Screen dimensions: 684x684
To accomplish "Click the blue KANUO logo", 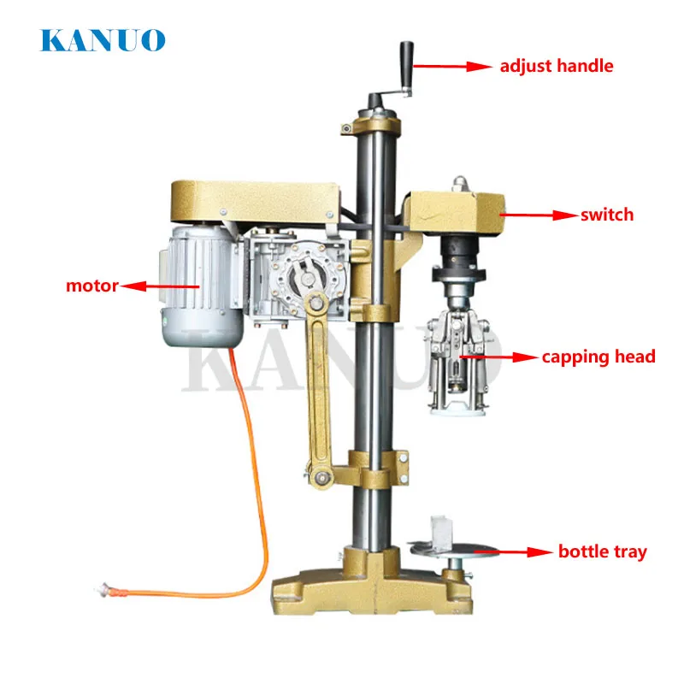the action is [103, 39].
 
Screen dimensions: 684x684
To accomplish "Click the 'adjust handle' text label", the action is [557, 66].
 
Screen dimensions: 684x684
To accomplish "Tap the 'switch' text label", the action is [607, 215].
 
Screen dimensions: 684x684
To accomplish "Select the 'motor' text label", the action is [92, 286].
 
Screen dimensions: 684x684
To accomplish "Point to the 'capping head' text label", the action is [598, 356].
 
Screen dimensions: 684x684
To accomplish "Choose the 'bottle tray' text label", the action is [602, 551].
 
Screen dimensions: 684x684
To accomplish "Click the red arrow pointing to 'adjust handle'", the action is [466, 65].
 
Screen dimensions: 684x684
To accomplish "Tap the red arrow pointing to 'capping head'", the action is [499, 356].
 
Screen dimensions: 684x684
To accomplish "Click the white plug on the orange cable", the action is [108, 587].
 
